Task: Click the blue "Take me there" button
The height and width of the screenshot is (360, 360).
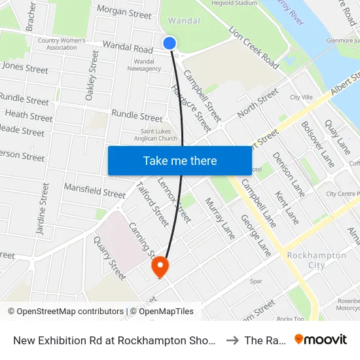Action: (x=179, y=160)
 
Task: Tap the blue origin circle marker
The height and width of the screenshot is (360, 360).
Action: (x=170, y=43)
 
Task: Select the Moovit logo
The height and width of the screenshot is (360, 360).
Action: (x=321, y=339)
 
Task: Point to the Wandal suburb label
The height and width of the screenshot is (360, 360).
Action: (x=184, y=21)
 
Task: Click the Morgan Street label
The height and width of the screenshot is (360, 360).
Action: (x=124, y=12)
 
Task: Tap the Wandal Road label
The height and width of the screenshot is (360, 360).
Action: (x=127, y=48)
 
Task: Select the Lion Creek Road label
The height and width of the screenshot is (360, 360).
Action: (x=254, y=47)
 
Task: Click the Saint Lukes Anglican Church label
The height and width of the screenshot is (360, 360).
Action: (x=150, y=135)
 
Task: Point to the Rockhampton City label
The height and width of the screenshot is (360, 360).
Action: (x=317, y=260)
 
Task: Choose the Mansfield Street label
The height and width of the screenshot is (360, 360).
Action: (x=94, y=191)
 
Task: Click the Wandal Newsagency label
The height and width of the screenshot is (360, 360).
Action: (x=145, y=65)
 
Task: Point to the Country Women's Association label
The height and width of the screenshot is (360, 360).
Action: (x=62, y=44)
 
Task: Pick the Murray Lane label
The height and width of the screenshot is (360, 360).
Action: (x=220, y=219)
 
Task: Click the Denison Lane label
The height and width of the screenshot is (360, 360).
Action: (x=288, y=173)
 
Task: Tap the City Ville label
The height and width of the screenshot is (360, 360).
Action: (x=302, y=97)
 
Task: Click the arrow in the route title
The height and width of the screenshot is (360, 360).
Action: (x=232, y=340)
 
